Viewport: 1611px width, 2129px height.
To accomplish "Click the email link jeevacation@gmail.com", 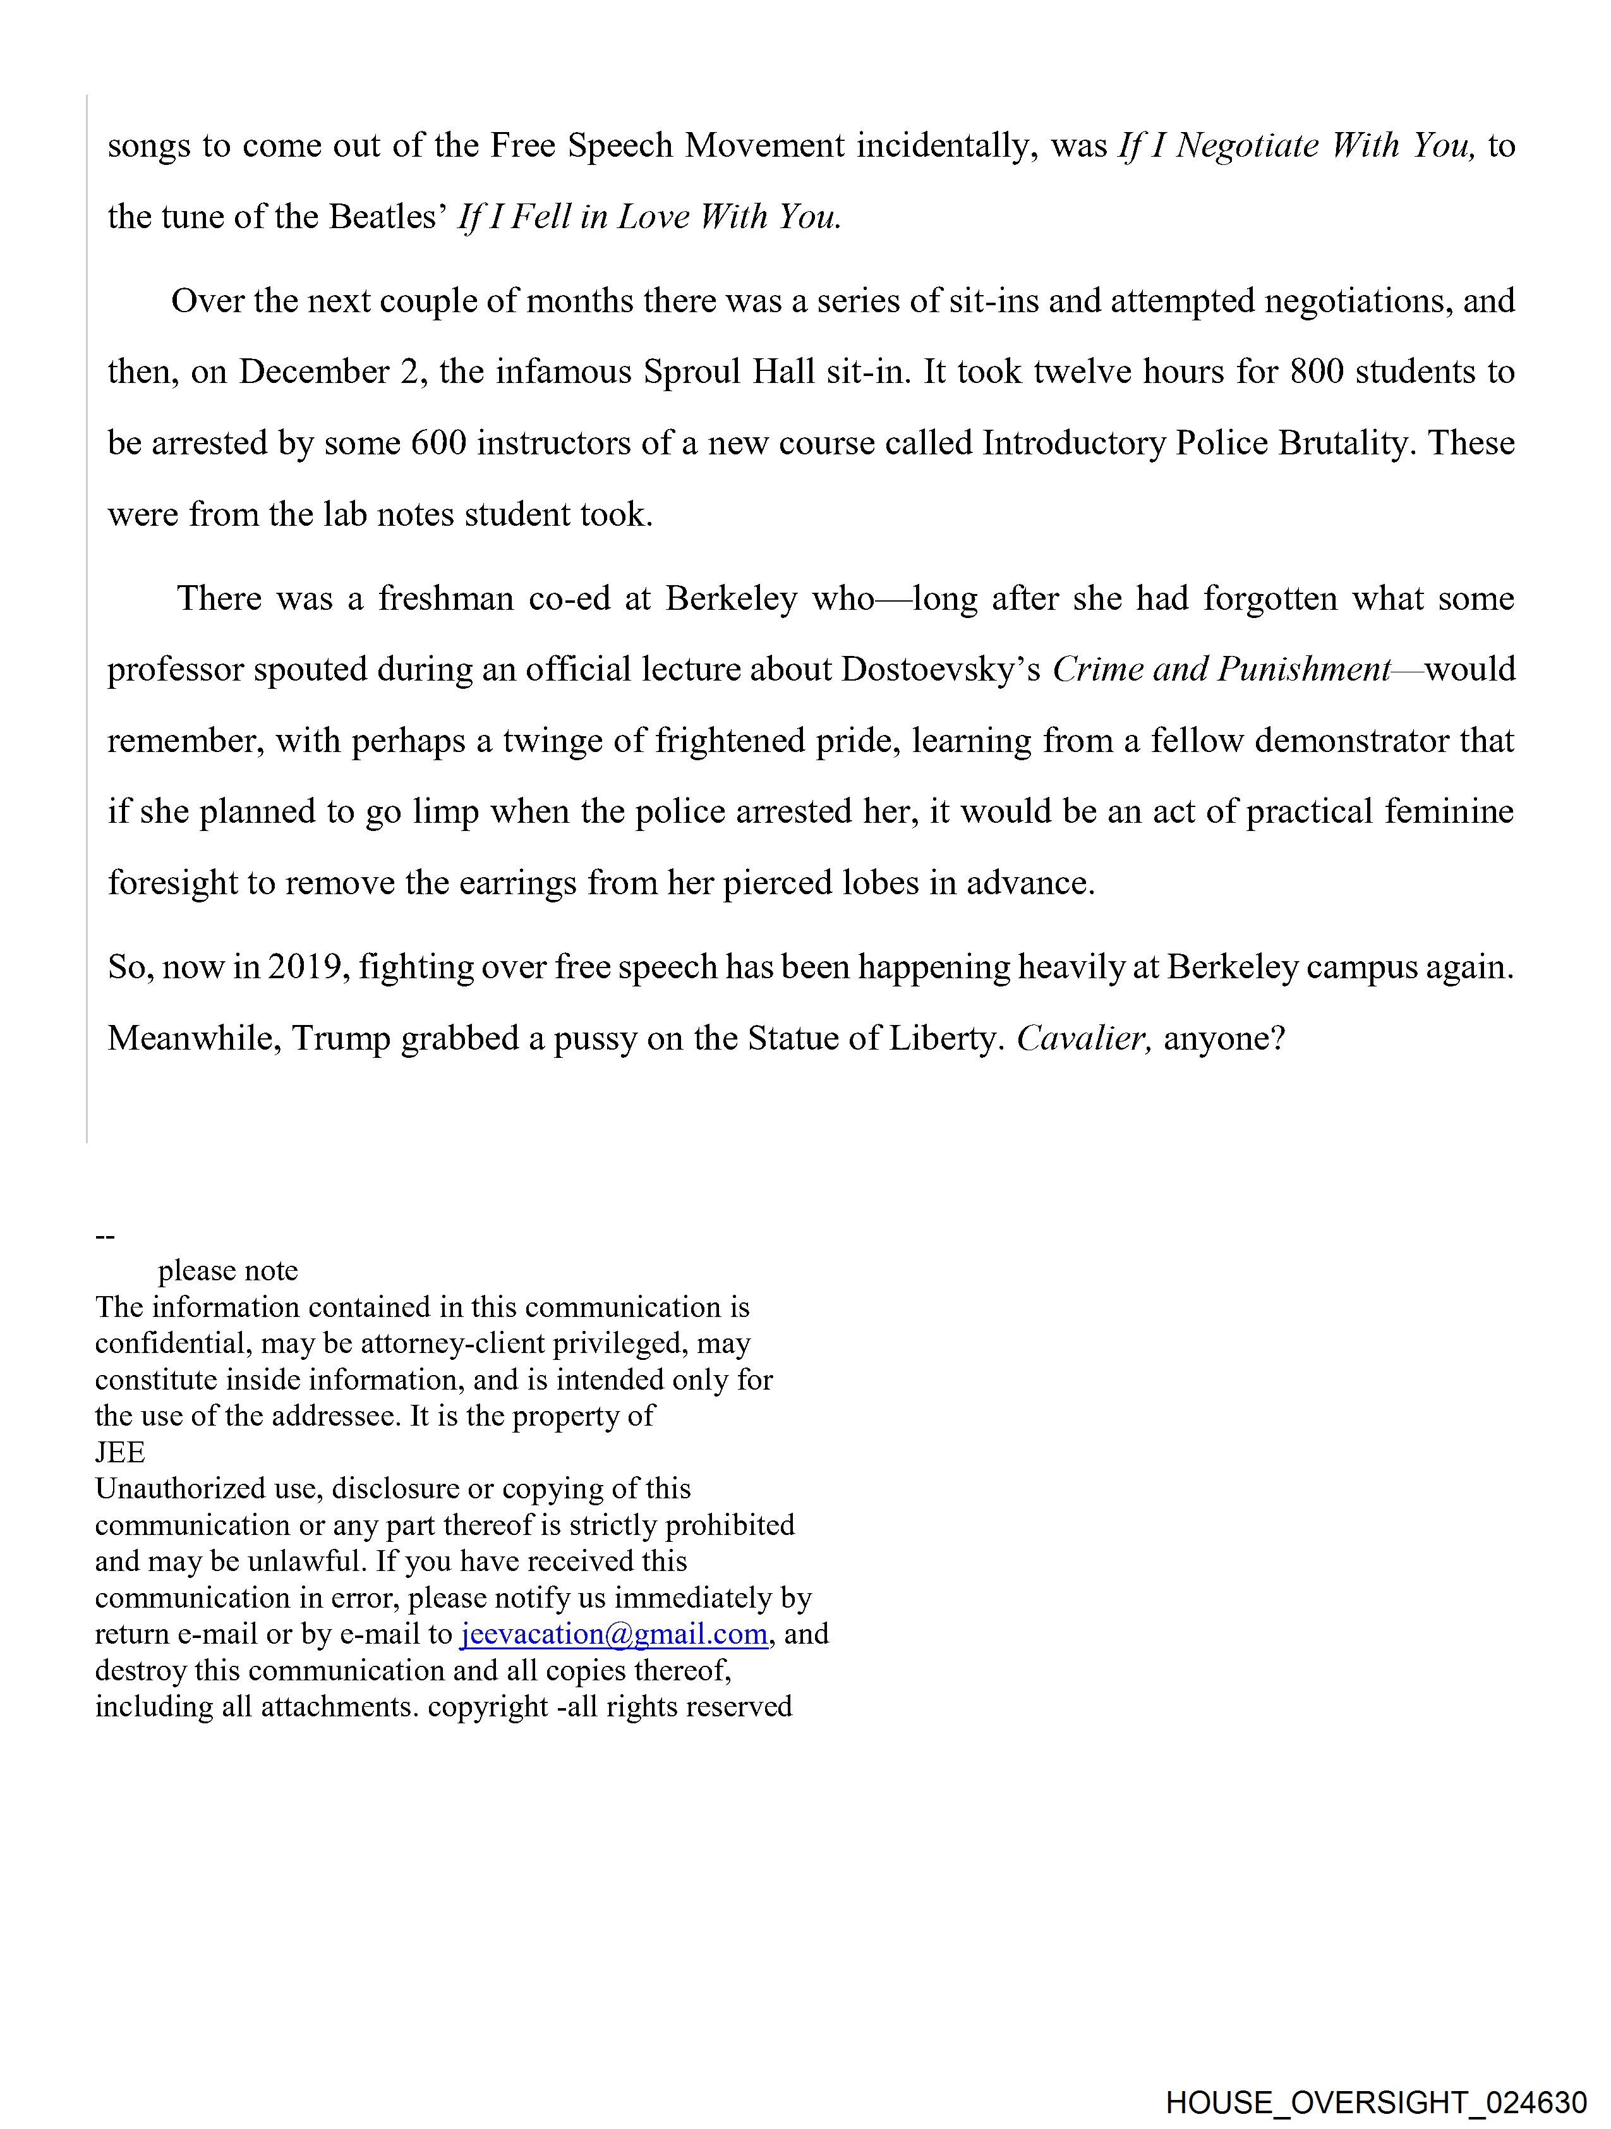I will [x=614, y=1634].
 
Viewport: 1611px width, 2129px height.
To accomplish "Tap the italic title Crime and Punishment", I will [x=1221, y=670].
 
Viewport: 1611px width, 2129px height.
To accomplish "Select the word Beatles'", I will [x=389, y=217].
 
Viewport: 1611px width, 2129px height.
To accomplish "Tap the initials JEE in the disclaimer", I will [x=120, y=1452].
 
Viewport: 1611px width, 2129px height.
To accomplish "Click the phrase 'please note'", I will [x=228, y=1270].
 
